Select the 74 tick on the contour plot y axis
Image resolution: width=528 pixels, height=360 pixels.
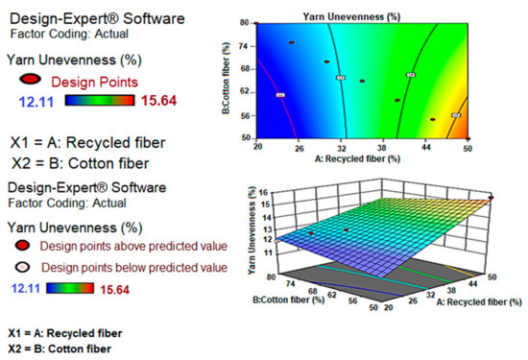pos(246,45)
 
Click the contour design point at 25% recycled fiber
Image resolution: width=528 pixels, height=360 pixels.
pos(292,42)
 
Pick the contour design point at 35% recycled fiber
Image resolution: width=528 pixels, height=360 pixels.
pos(362,81)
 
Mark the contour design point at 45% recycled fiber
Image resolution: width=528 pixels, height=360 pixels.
pos(432,119)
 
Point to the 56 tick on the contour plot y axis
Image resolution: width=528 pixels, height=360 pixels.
pos(246,115)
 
